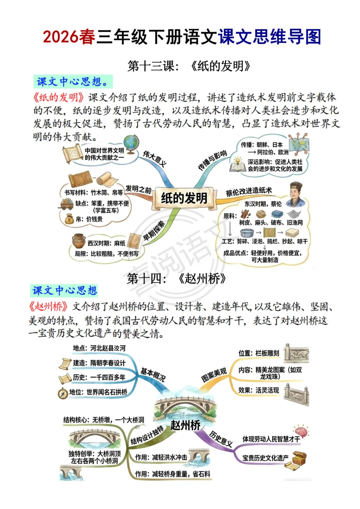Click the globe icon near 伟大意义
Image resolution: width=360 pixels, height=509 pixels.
click(x=131, y=144)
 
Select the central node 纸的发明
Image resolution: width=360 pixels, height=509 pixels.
click(x=184, y=198)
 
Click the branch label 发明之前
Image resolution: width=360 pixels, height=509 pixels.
click(x=138, y=189)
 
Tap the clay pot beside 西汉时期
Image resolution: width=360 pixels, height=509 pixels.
click(x=79, y=241)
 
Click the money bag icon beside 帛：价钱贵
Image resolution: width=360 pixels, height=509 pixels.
click(x=69, y=219)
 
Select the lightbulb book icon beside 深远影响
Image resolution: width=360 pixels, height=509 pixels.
click(x=238, y=165)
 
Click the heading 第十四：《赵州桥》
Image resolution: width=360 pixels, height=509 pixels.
click(x=176, y=278)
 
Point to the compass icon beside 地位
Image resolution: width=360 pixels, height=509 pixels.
click(x=63, y=393)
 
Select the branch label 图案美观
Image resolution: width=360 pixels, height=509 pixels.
click(x=214, y=375)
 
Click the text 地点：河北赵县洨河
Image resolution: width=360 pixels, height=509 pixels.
click(x=99, y=348)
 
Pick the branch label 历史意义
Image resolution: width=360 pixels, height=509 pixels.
click(x=221, y=439)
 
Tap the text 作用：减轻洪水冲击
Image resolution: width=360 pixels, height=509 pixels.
click(x=161, y=457)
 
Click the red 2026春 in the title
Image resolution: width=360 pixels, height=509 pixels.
click(x=69, y=37)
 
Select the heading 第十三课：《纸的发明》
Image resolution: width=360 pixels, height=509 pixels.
click(x=189, y=66)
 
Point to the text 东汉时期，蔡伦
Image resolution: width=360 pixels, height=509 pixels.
click(x=263, y=204)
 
